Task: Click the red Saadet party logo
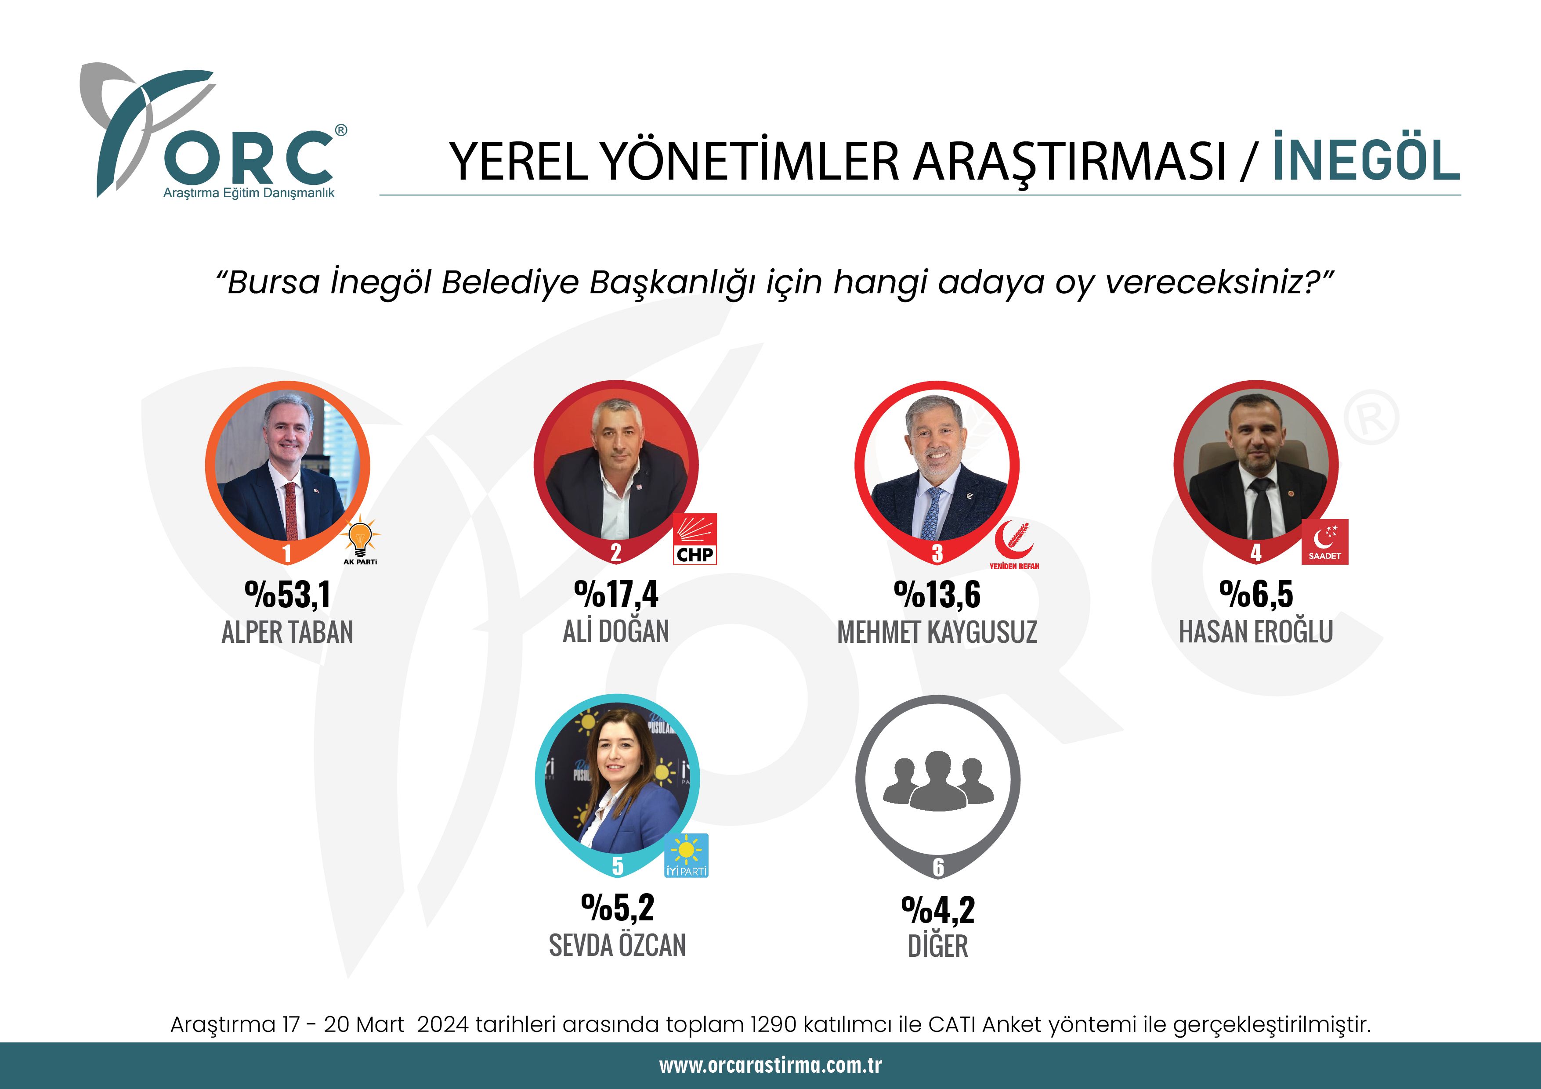click(x=1325, y=541)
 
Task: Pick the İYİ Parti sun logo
click(x=686, y=855)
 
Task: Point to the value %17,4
click(x=616, y=594)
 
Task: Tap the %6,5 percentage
click(x=1256, y=594)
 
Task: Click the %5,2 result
click(x=618, y=908)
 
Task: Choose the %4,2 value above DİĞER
click(x=937, y=910)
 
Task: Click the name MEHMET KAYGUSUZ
click(x=937, y=632)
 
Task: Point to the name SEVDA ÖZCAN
click(x=618, y=945)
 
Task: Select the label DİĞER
click(x=937, y=946)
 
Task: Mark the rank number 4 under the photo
click(x=1256, y=553)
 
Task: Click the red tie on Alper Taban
click(x=291, y=510)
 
